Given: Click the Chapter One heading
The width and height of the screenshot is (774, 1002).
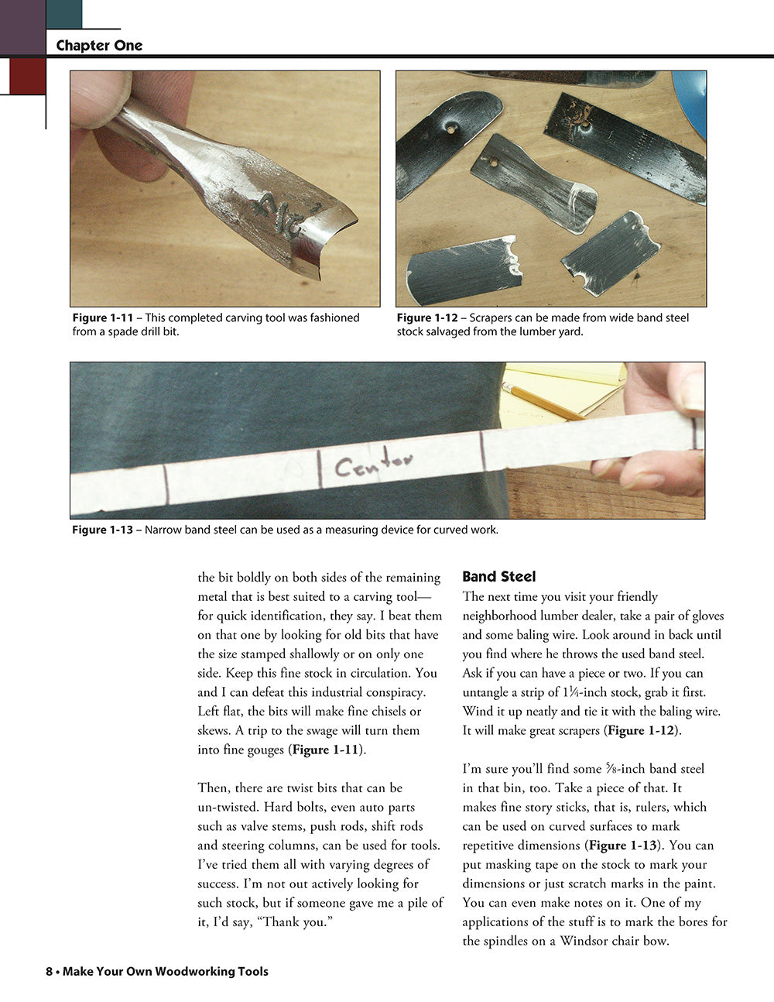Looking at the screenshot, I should (x=99, y=46).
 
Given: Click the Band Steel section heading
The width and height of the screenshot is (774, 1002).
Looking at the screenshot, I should (x=498, y=577).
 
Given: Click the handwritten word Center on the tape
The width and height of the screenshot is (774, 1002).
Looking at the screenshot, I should (x=373, y=463).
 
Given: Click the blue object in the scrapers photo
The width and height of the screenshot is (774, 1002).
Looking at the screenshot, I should (x=691, y=101).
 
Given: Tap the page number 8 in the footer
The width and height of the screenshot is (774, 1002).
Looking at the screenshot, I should (x=49, y=972).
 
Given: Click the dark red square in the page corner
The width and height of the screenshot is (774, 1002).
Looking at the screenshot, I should (x=27, y=76).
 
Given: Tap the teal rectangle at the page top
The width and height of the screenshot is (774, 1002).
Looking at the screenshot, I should (x=64, y=14).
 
